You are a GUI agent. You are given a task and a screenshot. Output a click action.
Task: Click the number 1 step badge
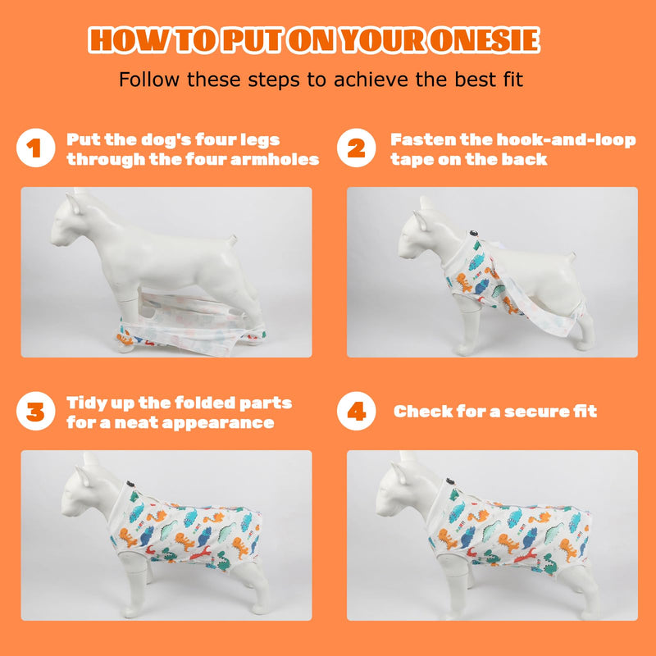click(x=36, y=148)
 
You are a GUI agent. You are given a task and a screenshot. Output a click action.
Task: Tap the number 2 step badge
click(x=357, y=148)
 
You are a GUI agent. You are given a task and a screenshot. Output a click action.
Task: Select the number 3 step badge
click(x=36, y=411)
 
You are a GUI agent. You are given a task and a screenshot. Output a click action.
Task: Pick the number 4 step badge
click(x=357, y=411)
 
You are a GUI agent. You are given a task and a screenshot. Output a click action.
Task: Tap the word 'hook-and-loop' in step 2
click(x=567, y=140)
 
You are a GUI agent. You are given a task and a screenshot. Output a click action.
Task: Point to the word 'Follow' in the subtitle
click(x=149, y=79)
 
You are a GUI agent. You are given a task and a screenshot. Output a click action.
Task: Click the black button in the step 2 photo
click(x=474, y=233)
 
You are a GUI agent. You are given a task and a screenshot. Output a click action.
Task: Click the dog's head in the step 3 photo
click(x=88, y=487)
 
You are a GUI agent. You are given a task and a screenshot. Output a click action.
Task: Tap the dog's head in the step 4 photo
click(x=403, y=487)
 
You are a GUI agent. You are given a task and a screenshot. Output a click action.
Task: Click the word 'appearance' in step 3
click(x=218, y=423)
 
